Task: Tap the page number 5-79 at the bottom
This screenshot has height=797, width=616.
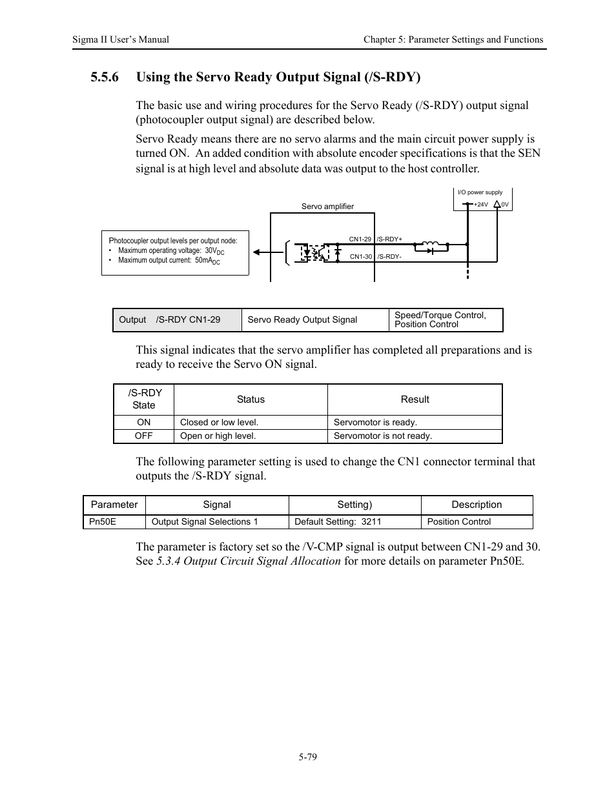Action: (308, 757)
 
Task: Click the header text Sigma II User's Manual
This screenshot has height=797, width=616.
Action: (121, 39)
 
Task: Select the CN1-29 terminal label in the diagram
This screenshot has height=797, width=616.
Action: (360, 239)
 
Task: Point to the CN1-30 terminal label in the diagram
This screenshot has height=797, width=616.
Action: (360, 257)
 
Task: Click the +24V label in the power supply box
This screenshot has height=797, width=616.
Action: (480, 205)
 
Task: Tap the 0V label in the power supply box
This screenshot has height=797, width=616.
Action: (505, 205)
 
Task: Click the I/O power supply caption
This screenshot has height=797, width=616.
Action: (480, 192)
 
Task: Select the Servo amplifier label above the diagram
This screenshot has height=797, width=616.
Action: (327, 207)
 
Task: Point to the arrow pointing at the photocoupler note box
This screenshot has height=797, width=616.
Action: (260, 252)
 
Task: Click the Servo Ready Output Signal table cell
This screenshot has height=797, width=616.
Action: (302, 320)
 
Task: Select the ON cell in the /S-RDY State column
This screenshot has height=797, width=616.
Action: (143, 422)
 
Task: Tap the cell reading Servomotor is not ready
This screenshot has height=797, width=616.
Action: (383, 436)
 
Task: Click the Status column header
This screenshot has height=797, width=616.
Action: (251, 399)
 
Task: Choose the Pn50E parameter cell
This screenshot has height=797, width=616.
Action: (103, 521)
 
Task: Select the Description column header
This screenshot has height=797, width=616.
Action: (477, 505)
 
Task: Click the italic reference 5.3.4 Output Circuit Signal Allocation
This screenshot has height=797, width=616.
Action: (249, 561)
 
